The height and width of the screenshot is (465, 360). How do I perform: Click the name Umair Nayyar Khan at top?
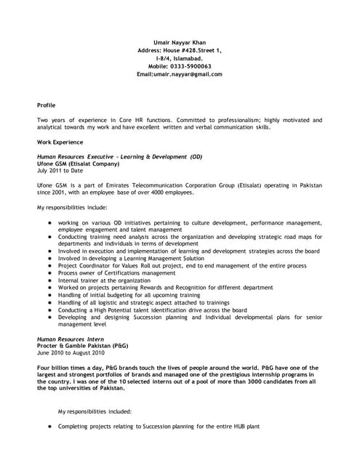(x=180, y=42)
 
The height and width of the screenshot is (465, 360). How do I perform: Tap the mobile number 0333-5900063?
(x=195, y=66)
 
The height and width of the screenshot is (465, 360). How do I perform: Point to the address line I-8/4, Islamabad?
(x=180, y=58)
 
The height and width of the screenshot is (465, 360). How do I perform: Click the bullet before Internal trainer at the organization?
(x=49, y=280)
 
